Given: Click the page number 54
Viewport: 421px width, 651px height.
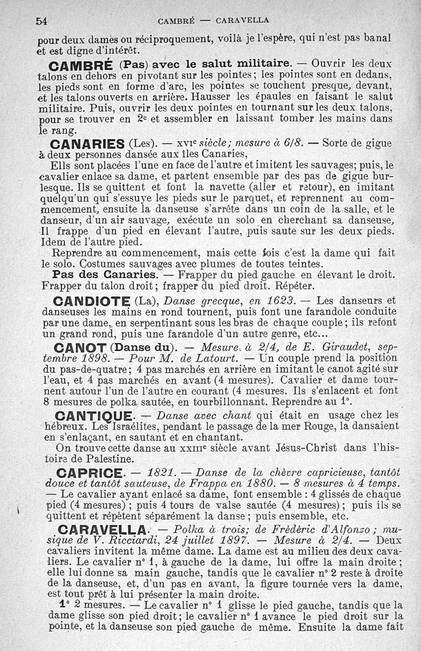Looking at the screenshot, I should pyautogui.click(x=42, y=21).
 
